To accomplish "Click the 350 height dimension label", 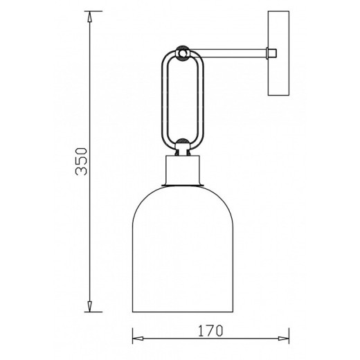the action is [x=82, y=161].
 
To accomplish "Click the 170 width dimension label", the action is [x=210, y=330].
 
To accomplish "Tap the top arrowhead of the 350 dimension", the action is [x=90, y=17].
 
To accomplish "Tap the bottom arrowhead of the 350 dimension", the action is [x=90, y=307].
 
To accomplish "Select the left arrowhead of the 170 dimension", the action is [x=138, y=339].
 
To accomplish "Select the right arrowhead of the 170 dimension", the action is [x=284, y=339].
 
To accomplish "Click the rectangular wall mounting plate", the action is [x=278, y=53].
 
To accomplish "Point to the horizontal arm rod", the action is [x=228, y=53].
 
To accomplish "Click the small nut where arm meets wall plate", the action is [x=271, y=53].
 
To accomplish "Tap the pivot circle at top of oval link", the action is [x=183, y=53].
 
